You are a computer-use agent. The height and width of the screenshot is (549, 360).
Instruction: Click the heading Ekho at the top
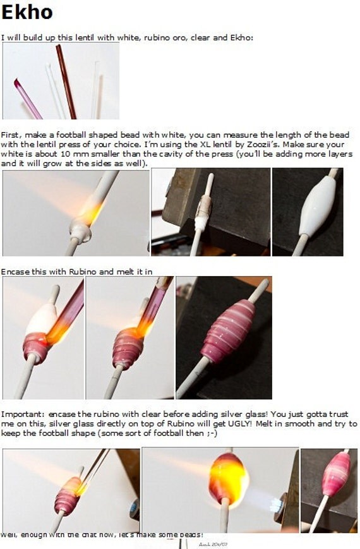pyautogui.click(x=27, y=12)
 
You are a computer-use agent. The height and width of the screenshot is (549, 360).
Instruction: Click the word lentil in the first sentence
pyautogui.click(x=83, y=37)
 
